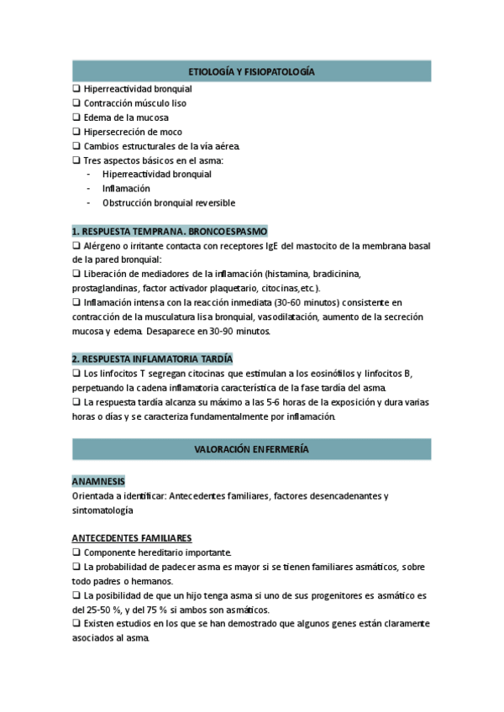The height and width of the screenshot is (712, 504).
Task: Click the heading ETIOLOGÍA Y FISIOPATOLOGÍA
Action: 251,73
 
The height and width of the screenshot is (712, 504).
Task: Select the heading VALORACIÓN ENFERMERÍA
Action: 251,450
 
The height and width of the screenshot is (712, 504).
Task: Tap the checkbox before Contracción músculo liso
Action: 76,103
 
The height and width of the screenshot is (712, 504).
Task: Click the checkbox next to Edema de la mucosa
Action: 76,118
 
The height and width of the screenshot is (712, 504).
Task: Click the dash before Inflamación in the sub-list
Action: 89,189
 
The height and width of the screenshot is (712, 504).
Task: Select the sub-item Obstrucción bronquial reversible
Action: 168,203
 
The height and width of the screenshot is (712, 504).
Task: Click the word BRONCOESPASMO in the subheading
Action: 228,231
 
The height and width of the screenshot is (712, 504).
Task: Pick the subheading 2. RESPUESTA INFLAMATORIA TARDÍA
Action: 152,359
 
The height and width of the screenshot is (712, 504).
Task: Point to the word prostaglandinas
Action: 106,288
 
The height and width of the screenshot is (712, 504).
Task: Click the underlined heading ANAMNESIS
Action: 98,481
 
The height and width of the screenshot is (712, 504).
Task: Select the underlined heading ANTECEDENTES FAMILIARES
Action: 132,538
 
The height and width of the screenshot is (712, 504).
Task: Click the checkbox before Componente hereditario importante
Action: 76,552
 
